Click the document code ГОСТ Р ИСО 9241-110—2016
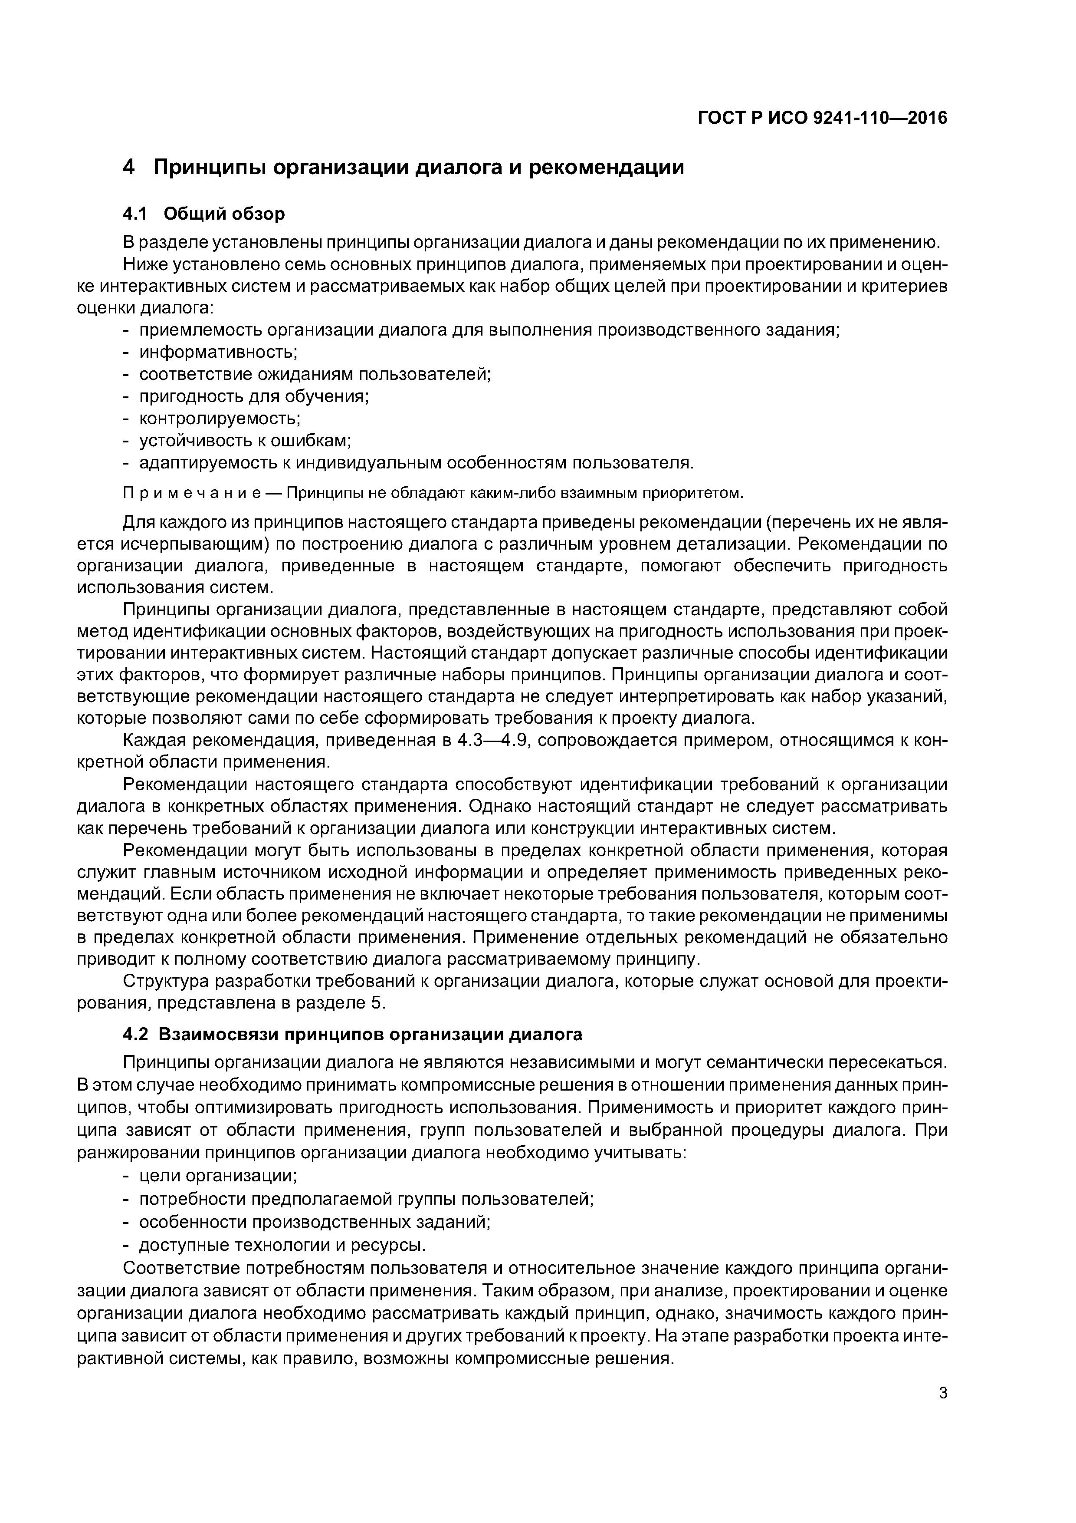[822, 118]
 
